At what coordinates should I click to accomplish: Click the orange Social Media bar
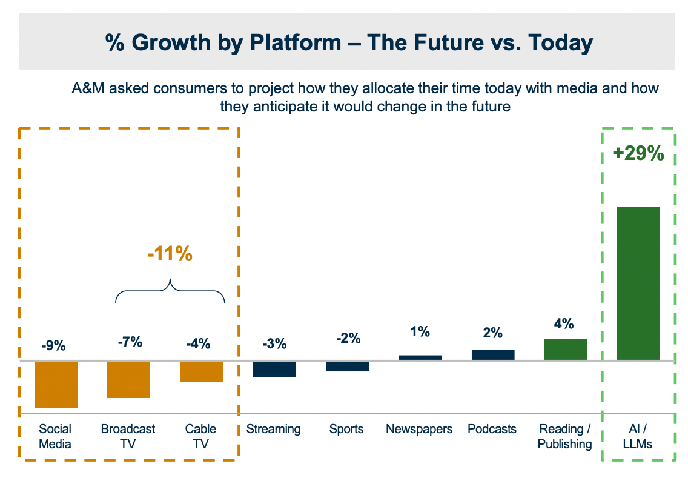(x=56, y=385)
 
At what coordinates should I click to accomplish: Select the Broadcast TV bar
(x=129, y=380)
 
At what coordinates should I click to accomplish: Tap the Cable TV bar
(x=202, y=372)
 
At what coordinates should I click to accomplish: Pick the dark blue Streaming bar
(x=275, y=369)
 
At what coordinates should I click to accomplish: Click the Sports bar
(x=348, y=367)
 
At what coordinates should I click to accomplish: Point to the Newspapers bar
(x=420, y=357)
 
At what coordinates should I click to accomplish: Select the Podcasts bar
(x=493, y=355)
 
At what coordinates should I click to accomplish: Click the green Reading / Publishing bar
(x=566, y=350)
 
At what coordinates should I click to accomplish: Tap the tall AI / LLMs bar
(x=639, y=284)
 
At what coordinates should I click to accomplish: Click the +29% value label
(x=638, y=153)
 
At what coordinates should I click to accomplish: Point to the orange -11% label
(x=170, y=254)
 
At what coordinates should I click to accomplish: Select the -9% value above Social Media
(x=53, y=345)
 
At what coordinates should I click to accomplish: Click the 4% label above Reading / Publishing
(x=564, y=324)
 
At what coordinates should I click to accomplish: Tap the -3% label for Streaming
(x=275, y=343)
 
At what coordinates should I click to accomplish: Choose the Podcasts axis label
(x=492, y=429)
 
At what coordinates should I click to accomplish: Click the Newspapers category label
(x=419, y=430)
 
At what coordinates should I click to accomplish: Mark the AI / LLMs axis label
(x=638, y=436)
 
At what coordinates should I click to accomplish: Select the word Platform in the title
(x=296, y=42)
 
